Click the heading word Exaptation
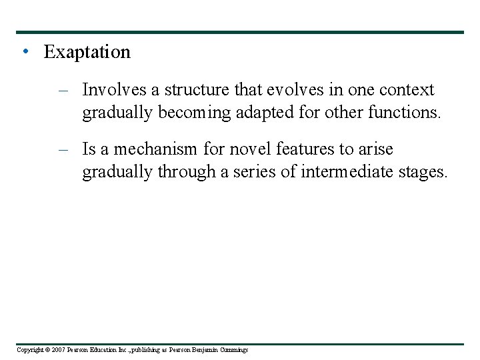click(87, 52)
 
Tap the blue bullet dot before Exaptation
click(25, 52)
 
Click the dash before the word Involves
click(64, 91)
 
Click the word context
click(407, 90)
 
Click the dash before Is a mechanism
click(64, 150)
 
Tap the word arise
click(376, 149)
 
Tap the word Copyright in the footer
click(29, 350)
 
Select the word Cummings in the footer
click(233, 350)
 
